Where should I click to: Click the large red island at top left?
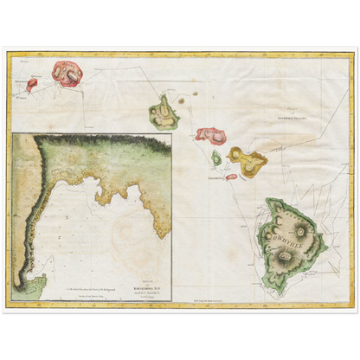click(x=67, y=73)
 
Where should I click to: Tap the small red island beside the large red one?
click(x=32, y=85)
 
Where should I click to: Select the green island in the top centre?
click(x=163, y=112)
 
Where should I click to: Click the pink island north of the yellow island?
click(x=210, y=134)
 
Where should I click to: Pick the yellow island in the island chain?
click(x=246, y=159)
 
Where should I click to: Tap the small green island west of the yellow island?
click(x=216, y=157)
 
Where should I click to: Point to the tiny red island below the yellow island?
click(x=231, y=177)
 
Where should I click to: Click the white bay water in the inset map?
click(x=95, y=234)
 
